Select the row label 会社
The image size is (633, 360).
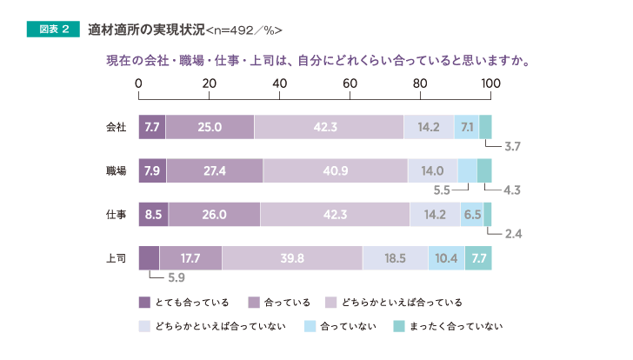(116, 127)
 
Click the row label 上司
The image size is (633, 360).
(116, 258)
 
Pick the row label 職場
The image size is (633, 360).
(116, 170)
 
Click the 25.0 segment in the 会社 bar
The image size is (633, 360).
(210, 127)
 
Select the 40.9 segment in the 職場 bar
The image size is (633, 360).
(335, 170)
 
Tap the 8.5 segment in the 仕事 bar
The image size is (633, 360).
(153, 214)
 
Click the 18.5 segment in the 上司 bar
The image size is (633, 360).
(395, 258)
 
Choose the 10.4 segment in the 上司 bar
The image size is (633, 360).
(446, 258)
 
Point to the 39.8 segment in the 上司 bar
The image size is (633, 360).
(292, 258)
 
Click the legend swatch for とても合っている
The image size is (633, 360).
(145, 303)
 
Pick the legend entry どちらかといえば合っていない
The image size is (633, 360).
(218, 327)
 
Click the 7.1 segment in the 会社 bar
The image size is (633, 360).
(467, 127)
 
